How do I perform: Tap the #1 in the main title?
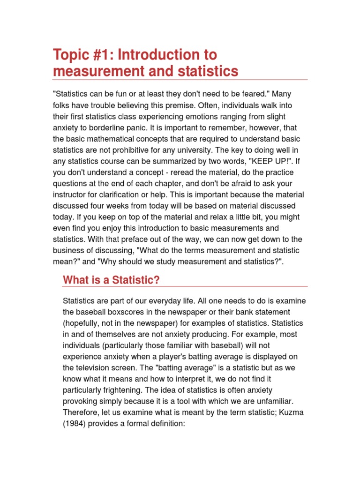click(x=104, y=55)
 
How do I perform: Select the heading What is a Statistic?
click(x=112, y=280)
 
